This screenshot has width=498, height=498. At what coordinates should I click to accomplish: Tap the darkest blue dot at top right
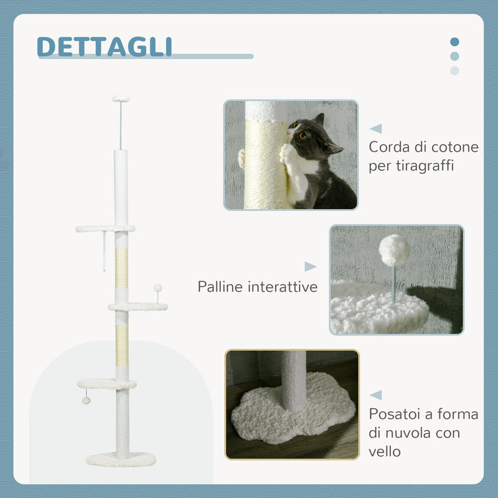point(454,42)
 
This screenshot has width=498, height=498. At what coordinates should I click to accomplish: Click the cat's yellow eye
point(303,135)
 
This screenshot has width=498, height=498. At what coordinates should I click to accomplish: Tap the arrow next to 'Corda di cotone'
point(375,129)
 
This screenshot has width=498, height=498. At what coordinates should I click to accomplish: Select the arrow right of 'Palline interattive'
point(310,266)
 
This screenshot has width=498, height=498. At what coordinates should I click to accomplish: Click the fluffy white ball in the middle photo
point(394,250)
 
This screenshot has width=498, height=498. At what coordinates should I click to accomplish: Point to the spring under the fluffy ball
point(394,284)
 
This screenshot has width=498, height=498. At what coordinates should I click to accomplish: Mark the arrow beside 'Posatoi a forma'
point(375,395)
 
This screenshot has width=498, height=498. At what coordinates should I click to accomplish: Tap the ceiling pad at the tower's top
point(121,98)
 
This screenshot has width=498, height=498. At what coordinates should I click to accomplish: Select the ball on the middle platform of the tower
point(157,288)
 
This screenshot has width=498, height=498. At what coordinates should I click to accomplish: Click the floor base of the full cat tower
point(121,459)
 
